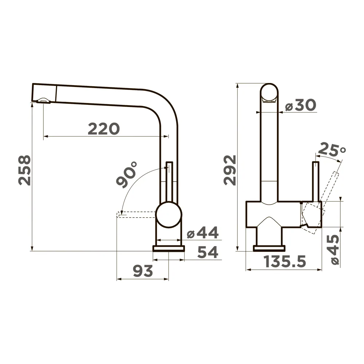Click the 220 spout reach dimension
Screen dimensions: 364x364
(x=104, y=129)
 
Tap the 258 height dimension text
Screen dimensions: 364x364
(x=25, y=170)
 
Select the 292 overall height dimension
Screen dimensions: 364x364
(x=230, y=170)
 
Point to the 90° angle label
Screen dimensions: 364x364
(x=127, y=174)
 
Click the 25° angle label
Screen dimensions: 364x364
(x=332, y=150)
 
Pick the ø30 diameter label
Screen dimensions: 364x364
(x=301, y=105)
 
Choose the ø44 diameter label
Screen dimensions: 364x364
(x=203, y=233)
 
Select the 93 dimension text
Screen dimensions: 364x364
(x=143, y=271)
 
